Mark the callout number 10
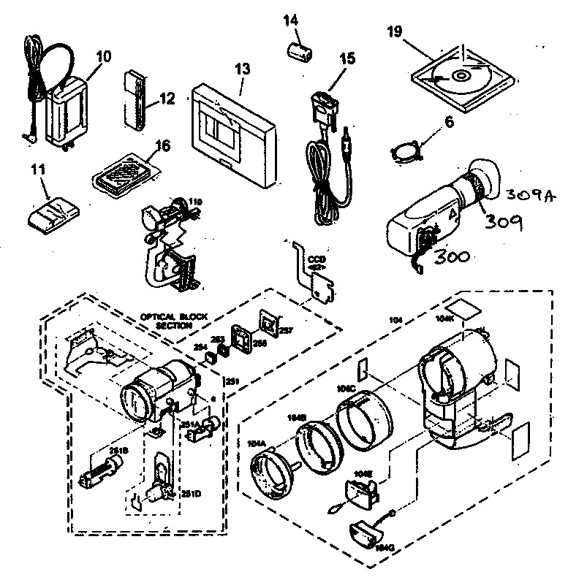click(102, 56)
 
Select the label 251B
click(116, 451)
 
